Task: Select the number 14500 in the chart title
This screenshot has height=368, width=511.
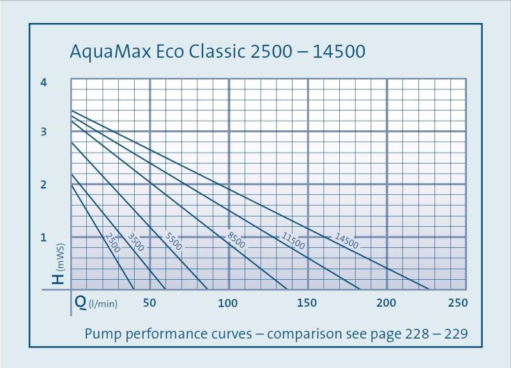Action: pos(339,52)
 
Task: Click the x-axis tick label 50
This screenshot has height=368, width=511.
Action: pos(149,303)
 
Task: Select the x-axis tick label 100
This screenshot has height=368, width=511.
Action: pos(228,303)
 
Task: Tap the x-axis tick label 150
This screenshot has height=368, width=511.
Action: pos(307,303)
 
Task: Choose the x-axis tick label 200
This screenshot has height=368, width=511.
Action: pos(386,303)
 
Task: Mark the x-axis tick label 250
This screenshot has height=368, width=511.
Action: pos(458,303)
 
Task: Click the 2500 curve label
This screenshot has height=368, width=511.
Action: pos(112,243)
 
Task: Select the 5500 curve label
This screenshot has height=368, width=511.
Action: pos(173,241)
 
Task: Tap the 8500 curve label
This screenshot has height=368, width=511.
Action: pos(236,240)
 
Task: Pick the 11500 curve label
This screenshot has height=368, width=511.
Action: pos(293,240)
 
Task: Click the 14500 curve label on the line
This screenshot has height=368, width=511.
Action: pos(346,241)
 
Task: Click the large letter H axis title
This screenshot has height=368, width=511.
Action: pos(59,278)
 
